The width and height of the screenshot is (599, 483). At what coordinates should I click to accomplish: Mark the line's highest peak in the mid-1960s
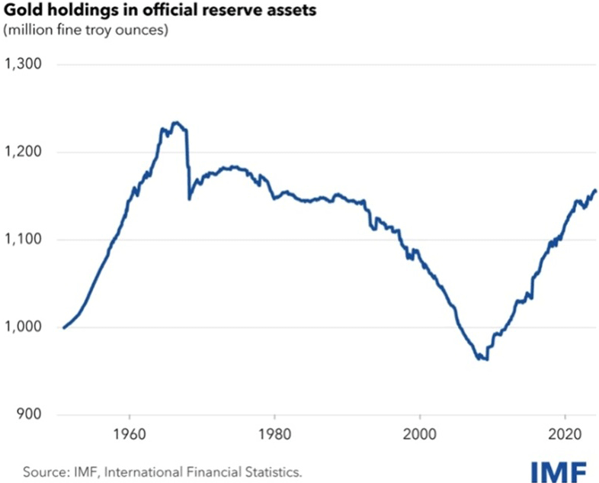pyautogui.click(x=176, y=122)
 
